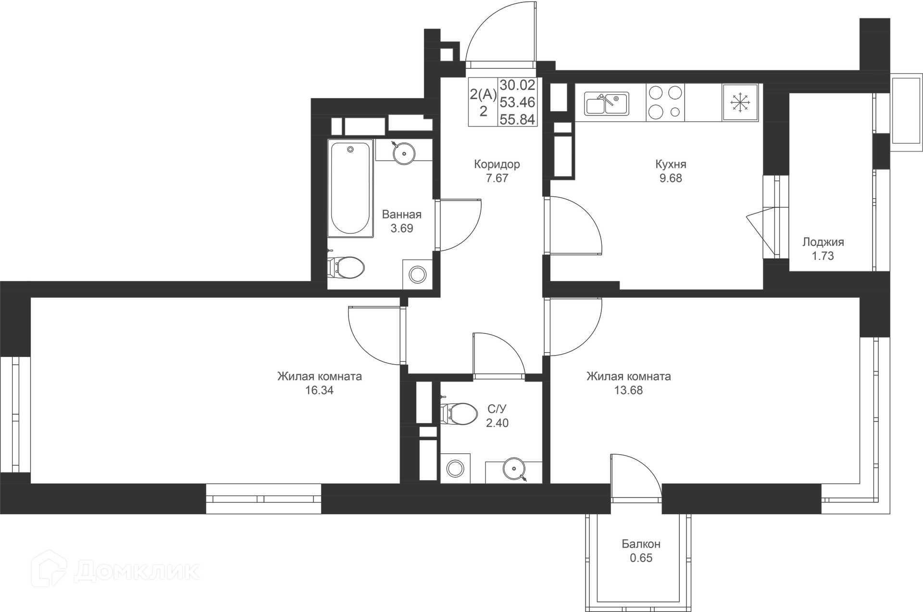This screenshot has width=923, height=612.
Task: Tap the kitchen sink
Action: pyautogui.click(x=606, y=103)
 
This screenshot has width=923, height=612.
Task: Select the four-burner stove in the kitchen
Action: pyautogui.click(x=665, y=102)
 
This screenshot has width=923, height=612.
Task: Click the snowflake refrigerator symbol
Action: pyautogui.click(x=740, y=102)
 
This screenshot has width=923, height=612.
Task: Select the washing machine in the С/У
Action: pyautogui.click(x=455, y=468)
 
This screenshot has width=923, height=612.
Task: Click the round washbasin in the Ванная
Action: pyautogui.click(x=403, y=153)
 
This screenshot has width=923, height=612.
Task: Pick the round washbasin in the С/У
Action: pyautogui.click(x=513, y=468)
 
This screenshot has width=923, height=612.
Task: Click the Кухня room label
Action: pyautogui.click(x=671, y=164)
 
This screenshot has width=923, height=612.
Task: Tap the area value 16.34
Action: pyautogui.click(x=319, y=390)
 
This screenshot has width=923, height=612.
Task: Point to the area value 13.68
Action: pyautogui.click(x=628, y=390)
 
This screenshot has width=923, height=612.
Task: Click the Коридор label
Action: pyautogui.click(x=497, y=164)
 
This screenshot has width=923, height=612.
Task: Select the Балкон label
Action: pyautogui.click(x=641, y=544)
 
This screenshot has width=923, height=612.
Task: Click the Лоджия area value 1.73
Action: pyautogui.click(x=823, y=256)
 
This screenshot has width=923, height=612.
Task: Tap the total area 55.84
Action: pyautogui.click(x=517, y=119)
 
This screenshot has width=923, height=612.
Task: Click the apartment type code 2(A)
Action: pyautogui.click(x=483, y=94)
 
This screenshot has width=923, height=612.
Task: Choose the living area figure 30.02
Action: pyautogui.click(x=517, y=86)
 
